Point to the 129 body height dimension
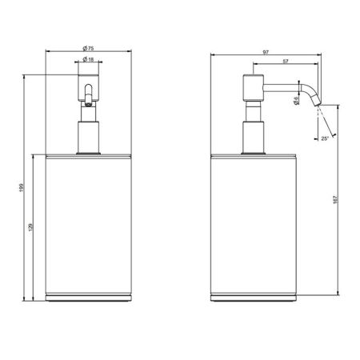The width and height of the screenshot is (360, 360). [x=30, y=227]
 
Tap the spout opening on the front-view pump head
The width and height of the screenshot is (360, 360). [x=87, y=100]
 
